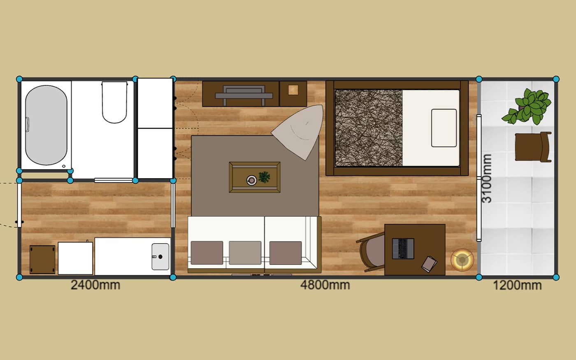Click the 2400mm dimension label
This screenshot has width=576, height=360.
(x=95, y=285)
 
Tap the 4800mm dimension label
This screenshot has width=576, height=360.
(x=325, y=285)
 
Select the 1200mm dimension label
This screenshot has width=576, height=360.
(x=518, y=286)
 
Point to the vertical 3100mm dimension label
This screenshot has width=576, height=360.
(x=487, y=179)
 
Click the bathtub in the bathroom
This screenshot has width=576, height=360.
(x=46, y=125)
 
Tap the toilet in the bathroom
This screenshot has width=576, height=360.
(x=114, y=102)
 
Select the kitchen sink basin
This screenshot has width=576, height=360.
(x=160, y=257)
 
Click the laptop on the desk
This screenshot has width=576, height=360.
(x=403, y=249)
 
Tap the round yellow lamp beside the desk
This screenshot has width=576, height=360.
(x=462, y=260)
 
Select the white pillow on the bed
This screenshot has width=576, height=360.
(x=444, y=128)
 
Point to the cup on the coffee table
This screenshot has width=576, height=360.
(x=251, y=180)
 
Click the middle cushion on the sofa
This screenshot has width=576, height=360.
(x=245, y=253)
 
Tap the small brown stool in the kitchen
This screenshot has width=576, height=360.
(x=42, y=260)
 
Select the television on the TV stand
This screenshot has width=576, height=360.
(x=244, y=95)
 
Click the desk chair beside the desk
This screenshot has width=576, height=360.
(x=371, y=252)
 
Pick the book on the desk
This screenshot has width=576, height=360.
(x=429, y=264)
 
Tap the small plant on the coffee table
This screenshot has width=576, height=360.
(x=264, y=177)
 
